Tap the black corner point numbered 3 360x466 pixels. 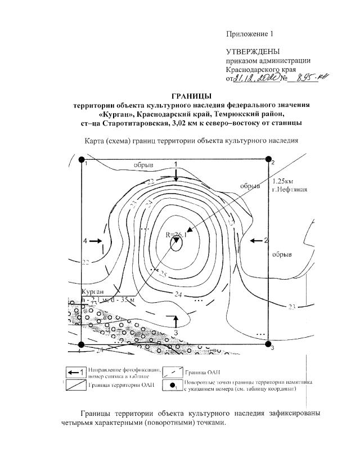click(268, 344)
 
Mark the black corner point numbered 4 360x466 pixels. click(82, 344)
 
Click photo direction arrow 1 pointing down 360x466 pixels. click(176, 173)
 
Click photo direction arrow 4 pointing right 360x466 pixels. click(95, 241)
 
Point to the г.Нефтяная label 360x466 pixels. click(289, 189)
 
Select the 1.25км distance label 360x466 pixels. click(282, 181)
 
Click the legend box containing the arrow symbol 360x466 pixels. click(74, 373)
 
